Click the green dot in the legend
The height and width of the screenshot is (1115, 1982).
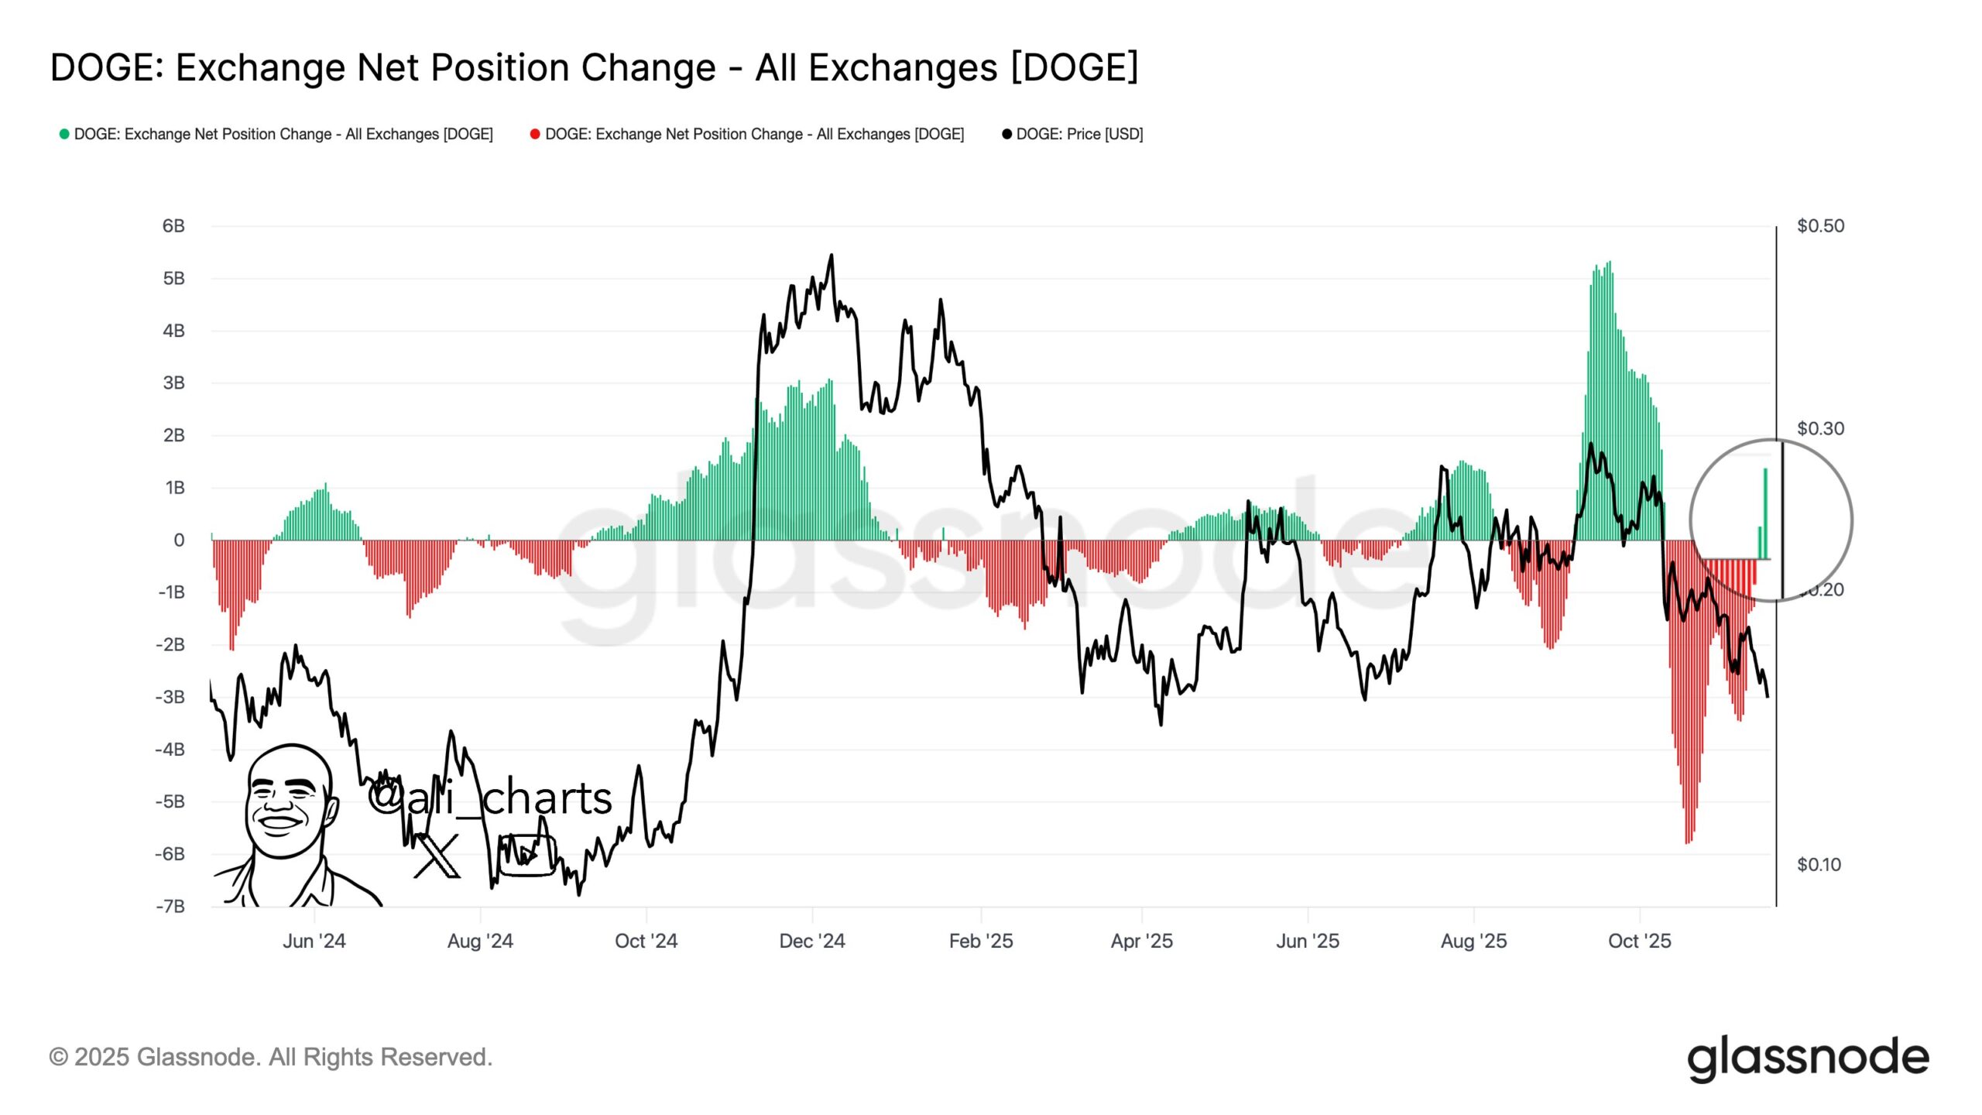[64, 134]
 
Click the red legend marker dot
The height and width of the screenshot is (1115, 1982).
[535, 134]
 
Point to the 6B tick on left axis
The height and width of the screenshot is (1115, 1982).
[173, 226]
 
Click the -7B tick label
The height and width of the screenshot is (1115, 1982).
[170, 906]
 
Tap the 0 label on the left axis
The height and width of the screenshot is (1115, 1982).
[179, 540]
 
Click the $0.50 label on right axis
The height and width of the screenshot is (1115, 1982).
[1820, 226]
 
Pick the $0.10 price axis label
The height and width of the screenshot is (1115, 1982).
[1819, 864]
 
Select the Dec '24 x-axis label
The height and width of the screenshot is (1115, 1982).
[811, 941]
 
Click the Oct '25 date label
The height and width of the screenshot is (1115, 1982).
[1639, 941]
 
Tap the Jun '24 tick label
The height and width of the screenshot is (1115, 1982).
[314, 941]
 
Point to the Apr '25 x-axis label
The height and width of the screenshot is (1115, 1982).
[1141, 941]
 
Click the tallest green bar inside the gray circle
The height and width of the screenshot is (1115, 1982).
[1765, 511]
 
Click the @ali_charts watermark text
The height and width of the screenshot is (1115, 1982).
[489, 798]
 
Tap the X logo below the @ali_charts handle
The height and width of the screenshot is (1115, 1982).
[437, 856]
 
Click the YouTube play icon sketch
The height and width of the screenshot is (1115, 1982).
[526, 855]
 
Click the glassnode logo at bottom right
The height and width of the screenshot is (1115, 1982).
[1807, 1058]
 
